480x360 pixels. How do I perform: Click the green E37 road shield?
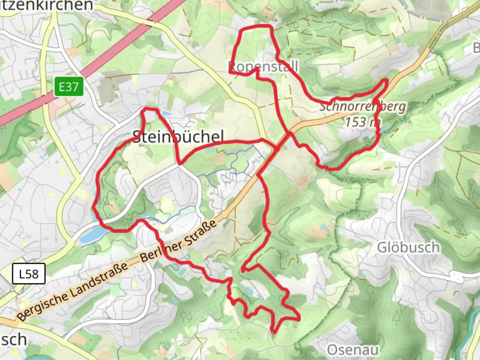(69, 87)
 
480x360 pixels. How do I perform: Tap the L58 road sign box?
(29, 274)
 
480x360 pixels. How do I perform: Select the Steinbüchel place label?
(178, 137)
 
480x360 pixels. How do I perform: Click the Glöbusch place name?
(408, 248)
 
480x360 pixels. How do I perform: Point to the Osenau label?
(353, 350)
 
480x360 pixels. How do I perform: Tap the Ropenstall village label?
(263, 67)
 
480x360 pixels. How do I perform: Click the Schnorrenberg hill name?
(363, 107)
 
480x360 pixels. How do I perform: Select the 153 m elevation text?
(362, 122)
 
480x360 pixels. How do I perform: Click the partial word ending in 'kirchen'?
(47, 5)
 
